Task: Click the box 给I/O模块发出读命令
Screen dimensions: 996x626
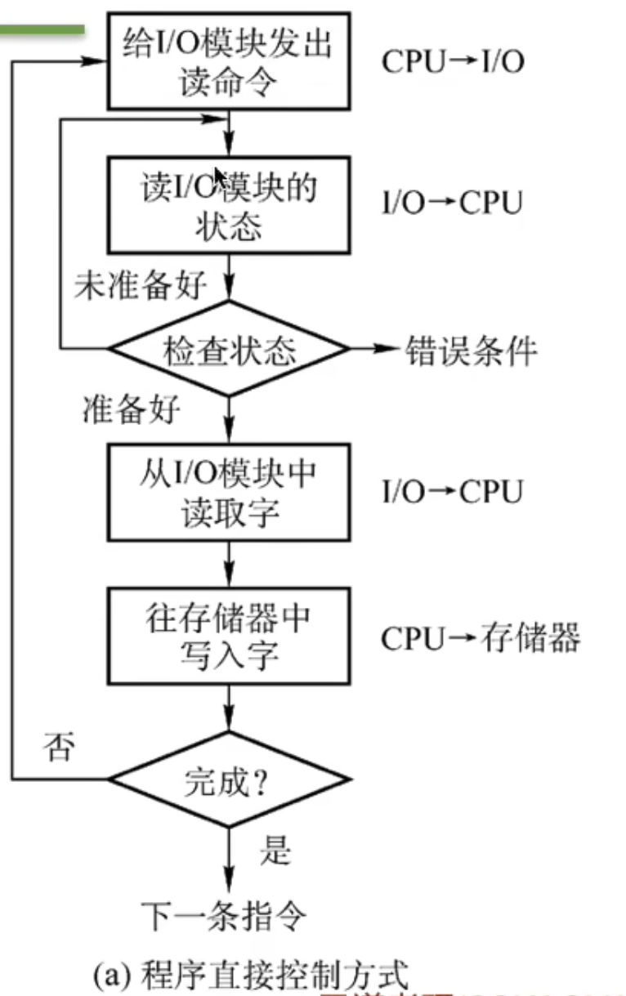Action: pyautogui.click(x=230, y=61)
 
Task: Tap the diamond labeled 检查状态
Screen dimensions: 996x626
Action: pyautogui.click(x=230, y=350)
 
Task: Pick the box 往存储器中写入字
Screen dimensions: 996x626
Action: pyautogui.click(x=230, y=636)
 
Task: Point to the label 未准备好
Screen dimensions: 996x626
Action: pyautogui.click(x=140, y=286)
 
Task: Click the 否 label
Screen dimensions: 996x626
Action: pyautogui.click(x=58, y=748)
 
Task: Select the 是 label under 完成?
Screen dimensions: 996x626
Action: pyautogui.click(x=275, y=851)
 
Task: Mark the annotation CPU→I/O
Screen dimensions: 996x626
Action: pyautogui.click(x=452, y=62)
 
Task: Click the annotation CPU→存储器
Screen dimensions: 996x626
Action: pyautogui.click(x=481, y=637)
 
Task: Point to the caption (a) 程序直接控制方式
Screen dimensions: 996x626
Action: pyautogui.click(x=248, y=975)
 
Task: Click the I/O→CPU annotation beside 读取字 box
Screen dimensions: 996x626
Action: pyautogui.click(x=451, y=492)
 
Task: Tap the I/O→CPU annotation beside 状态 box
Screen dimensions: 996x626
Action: pyautogui.click(x=451, y=203)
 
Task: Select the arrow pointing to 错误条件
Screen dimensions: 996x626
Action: pyautogui.click(x=375, y=350)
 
